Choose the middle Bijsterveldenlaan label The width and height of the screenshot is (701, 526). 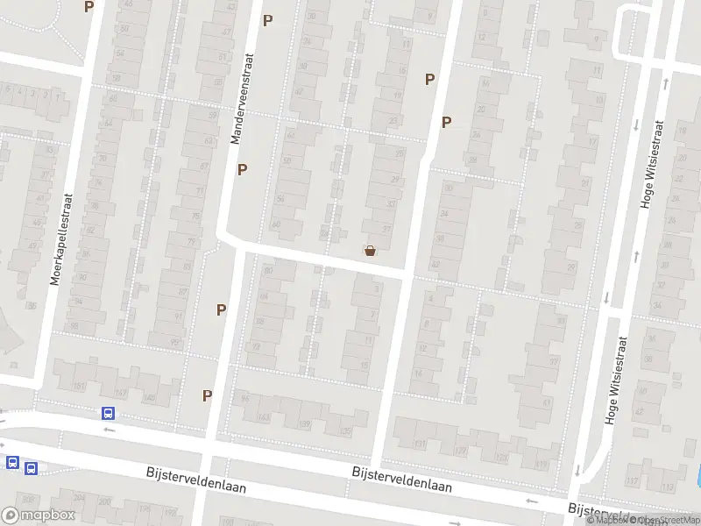[x=401, y=479]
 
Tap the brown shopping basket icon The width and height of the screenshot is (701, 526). [x=370, y=251]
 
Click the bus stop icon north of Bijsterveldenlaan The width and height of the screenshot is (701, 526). [x=108, y=414]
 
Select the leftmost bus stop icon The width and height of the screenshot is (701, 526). [x=13, y=462]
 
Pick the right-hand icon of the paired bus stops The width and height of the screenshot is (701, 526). [x=32, y=469]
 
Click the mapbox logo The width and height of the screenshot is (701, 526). [x=38, y=515]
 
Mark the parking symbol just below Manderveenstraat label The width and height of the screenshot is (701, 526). [x=242, y=169]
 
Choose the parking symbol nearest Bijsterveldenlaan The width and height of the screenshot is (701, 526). [x=208, y=395]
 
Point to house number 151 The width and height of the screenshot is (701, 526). [x=82, y=387]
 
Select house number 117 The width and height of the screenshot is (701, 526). [x=633, y=480]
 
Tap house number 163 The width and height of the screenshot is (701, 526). [x=263, y=418]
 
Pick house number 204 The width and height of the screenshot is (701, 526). [x=80, y=498]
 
